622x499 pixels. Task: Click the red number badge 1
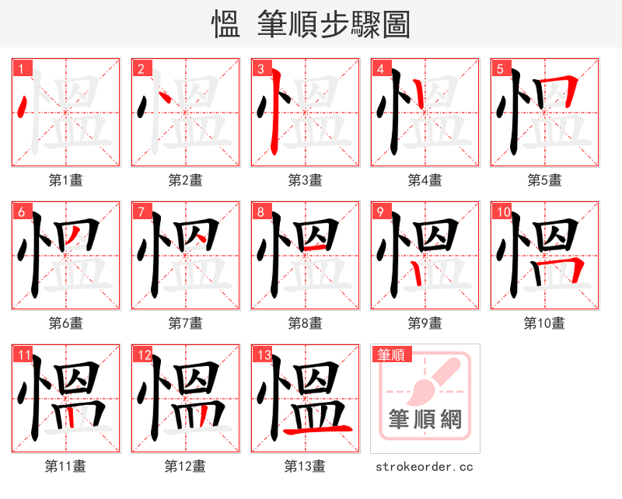(20, 68)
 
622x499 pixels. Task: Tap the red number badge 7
(140, 211)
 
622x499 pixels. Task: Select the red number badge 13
(262, 355)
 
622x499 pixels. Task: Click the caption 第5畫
(544, 180)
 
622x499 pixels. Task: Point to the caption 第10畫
(544, 323)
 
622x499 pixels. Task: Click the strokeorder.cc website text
(425, 467)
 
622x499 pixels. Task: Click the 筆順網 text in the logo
(425, 420)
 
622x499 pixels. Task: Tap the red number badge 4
(380, 68)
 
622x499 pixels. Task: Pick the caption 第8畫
(305, 323)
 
